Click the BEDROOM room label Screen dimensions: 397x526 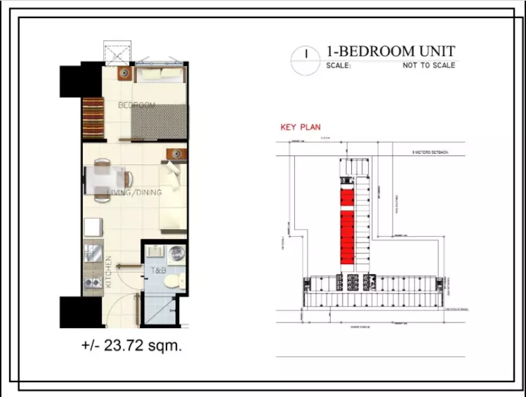point(136,105)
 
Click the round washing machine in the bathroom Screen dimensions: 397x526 point(177,254)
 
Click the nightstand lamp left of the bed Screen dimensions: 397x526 point(124,72)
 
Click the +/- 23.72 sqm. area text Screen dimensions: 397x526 point(131,346)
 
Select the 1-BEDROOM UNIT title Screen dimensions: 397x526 point(390,51)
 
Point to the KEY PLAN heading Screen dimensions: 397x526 point(301,128)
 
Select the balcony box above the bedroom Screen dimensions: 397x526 point(117,52)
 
